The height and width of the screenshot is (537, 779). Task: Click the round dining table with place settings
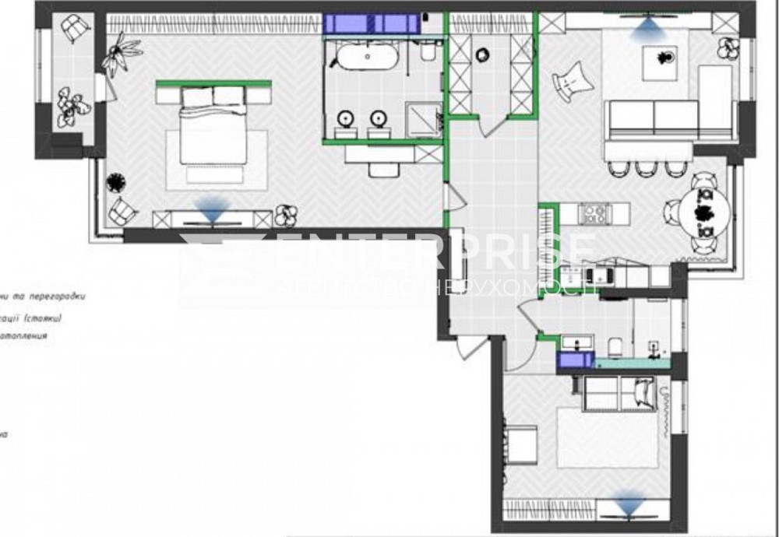[705, 212]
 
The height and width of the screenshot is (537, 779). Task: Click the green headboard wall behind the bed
[213, 82]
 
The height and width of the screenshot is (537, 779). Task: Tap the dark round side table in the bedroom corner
[116, 182]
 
